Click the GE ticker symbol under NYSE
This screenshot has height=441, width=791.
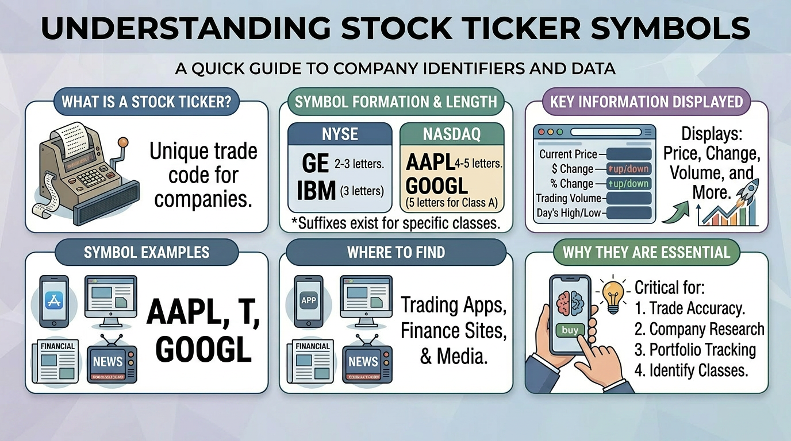tap(315, 164)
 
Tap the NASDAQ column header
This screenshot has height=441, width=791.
tap(451, 134)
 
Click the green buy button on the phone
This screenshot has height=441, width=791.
tap(570, 330)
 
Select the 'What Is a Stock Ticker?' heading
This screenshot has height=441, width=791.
tap(147, 103)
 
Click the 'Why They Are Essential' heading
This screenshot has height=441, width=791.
tap(646, 252)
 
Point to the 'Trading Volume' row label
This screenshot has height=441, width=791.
tap(568, 199)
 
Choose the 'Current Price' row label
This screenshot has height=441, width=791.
tap(568, 154)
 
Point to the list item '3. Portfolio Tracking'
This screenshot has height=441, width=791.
tap(694, 350)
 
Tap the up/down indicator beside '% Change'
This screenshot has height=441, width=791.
tap(629, 184)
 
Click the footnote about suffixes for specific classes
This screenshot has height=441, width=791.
tap(396, 223)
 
